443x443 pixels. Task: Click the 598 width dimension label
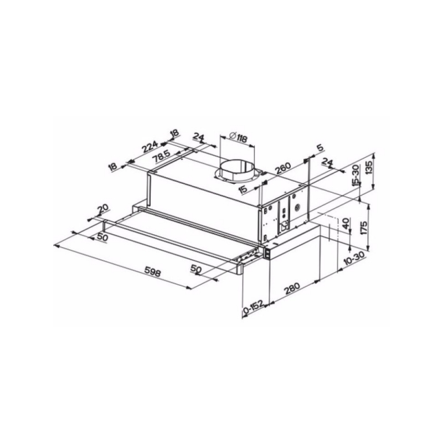tap(153, 272)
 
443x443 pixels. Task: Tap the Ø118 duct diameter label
tap(239, 137)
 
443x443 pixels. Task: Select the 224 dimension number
tap(150, 147)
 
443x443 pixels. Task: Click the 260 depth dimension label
tap(282, 168)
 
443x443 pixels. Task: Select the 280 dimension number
tap(292, 289)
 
